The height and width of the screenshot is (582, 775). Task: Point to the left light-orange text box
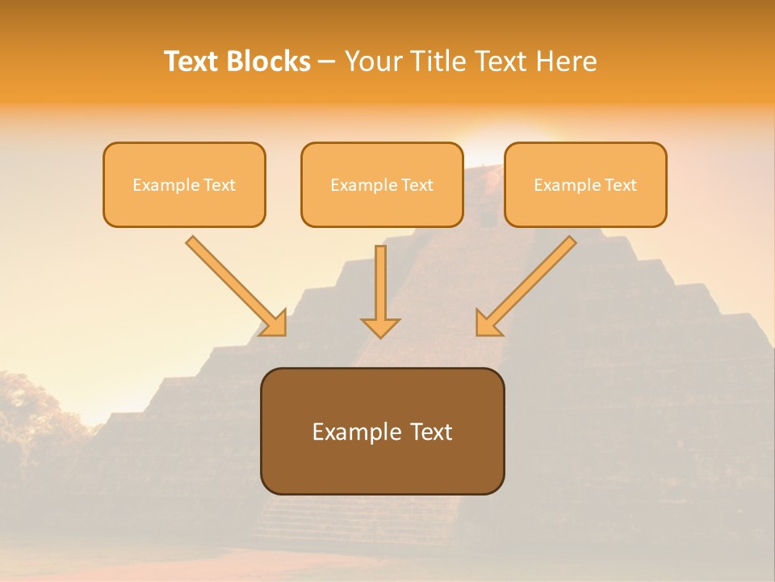(184, 184)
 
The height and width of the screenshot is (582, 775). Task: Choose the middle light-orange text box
(382, 184)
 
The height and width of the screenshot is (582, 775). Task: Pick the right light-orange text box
(585, 184)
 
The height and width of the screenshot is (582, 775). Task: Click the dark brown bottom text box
(382, 431)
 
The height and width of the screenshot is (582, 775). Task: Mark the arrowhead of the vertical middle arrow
(380, 327)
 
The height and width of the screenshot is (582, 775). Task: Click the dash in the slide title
(328, 61)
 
